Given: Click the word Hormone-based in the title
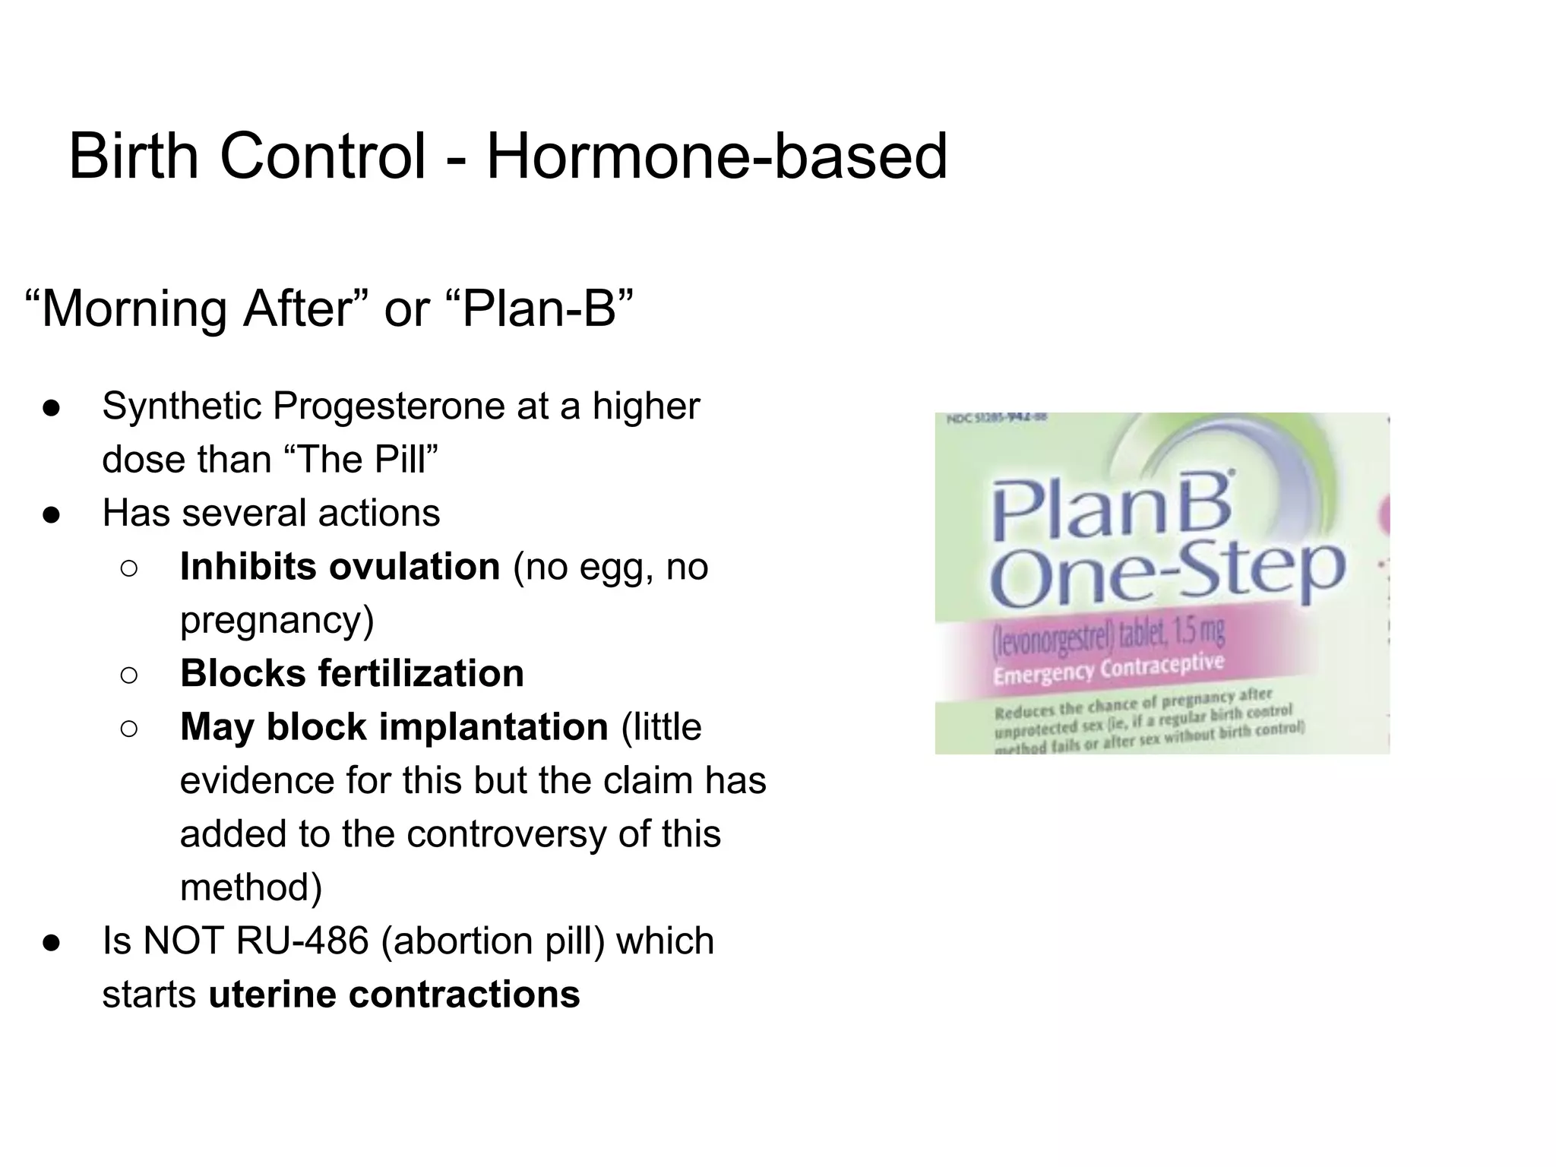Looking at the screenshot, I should (716, 157).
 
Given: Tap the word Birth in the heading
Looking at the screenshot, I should (133, 157).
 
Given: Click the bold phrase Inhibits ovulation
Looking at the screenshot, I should (340, 567).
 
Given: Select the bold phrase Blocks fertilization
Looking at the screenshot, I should (352, 674).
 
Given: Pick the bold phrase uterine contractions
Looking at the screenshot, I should (394, 995).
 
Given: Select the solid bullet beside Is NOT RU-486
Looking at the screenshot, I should (52, 943).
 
